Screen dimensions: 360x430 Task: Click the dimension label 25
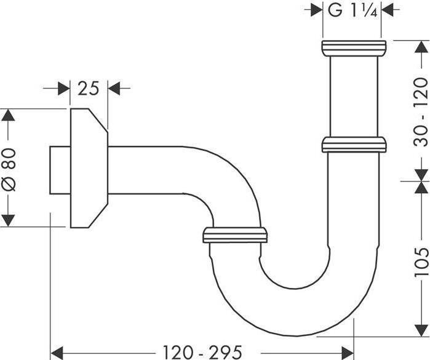tap(89, 89)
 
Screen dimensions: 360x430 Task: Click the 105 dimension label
tap(421, 260)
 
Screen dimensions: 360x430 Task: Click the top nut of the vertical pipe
tap(354, 48)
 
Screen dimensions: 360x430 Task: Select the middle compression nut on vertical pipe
tap(354, 145)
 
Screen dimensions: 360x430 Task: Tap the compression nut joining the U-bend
tap(234, 234)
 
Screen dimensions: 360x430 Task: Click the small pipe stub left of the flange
tap(59, 170)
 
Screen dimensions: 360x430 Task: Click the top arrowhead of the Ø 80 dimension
tap(8, 116)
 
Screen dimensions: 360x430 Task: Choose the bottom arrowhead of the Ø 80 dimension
tap(8, 220)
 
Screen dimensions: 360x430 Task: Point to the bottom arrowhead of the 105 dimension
tap(421, 330)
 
